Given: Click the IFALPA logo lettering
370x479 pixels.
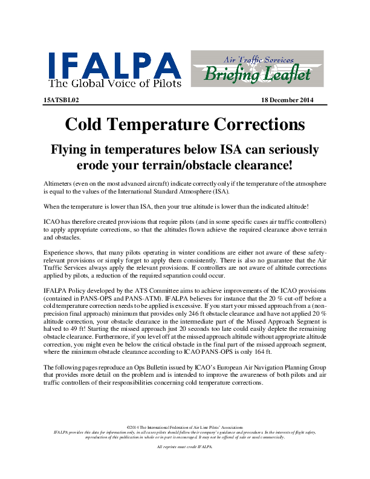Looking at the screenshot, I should coord(114,63).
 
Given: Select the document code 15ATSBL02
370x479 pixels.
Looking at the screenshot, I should coord(62,100).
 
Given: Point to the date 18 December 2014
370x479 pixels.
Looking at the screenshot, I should coord(287,100).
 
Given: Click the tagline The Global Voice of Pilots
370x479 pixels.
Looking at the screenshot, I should coord(114,83).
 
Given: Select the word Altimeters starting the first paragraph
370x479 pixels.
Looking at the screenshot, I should coord(62,182).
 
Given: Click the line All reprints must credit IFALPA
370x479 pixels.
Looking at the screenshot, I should coord(185,446).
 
